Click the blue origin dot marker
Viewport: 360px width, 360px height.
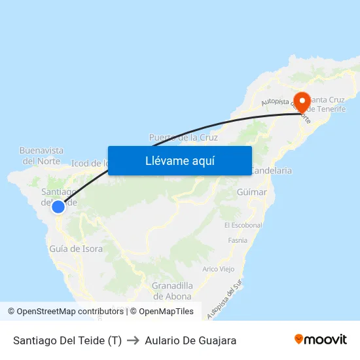pyautogui.click(x=58, y=207)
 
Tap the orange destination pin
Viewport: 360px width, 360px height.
pyautogui.click(x=302, y=101)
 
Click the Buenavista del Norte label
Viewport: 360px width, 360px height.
pyautogui.click(x=42, y=155)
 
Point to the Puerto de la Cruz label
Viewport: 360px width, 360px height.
pyautogui.click(x=183, y=137)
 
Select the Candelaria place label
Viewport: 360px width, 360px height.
pyautogui.click(x=271, y=170)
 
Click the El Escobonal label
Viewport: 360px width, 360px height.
pyautogui.click(x=243, y=225)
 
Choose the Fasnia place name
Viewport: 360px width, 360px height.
pyautogui.click(x=237, y=240)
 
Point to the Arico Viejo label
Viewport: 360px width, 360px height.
pyautogui.click(x=219, y=269)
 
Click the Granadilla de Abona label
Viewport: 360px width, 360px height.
pyautogui.click(x=172, y=291)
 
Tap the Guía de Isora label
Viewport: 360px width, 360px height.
pyautogui.click(x=76, y=249)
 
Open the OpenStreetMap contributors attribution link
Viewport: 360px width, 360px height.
pyautogui.click(x=69, y=312)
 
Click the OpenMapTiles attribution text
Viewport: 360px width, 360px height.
pyautogui.click(x=162, y=312)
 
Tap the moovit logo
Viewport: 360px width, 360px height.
pyautogui.click(x=321, y=339)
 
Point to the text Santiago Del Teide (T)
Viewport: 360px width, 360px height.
pyautogui.click(x=67, y=340)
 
